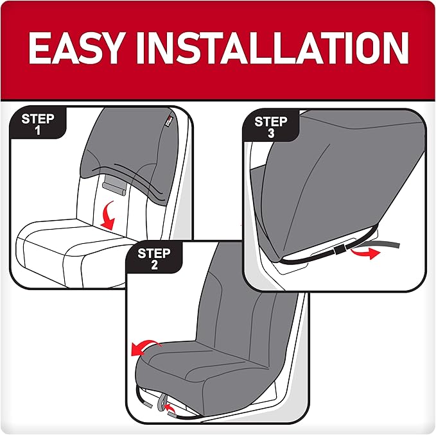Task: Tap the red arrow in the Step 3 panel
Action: [x=363, y=252]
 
